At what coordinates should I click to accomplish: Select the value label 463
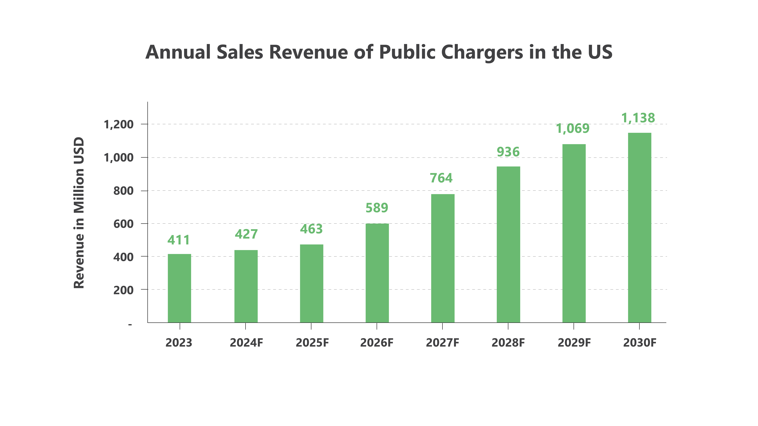pos(311,229)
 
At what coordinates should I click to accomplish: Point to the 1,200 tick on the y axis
pos(119,125)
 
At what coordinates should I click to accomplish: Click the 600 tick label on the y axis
pos(123,224)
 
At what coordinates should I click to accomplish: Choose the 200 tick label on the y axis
pos(123,290)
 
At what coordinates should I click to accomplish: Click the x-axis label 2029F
pos(574,343)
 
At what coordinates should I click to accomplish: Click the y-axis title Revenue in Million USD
pos(79,213)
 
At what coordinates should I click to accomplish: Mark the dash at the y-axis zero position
pos(130,325)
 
